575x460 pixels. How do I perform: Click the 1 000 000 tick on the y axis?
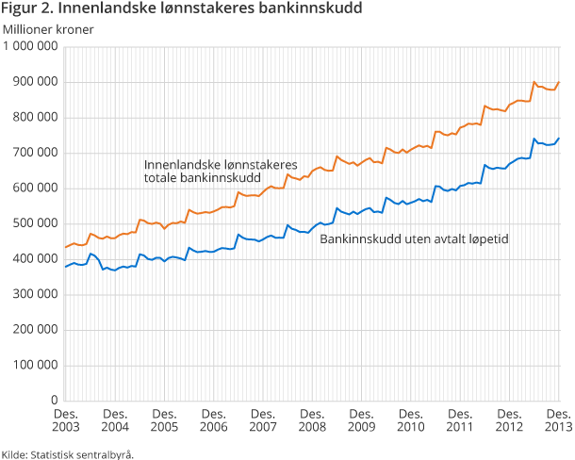click(33, 47)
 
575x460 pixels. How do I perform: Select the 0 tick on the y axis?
click(56, 401)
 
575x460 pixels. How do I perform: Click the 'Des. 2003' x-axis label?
click(66, 421)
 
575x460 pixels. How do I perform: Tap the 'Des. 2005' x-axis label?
click(164, 421)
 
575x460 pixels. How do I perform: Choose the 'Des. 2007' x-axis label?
click(263, 421)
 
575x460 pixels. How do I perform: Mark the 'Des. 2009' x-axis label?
click(361, 421)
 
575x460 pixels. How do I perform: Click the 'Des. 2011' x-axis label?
click(460, 421)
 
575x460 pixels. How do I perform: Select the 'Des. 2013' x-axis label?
click(558, 421)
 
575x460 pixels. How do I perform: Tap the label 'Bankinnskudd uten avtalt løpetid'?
click(415, 239)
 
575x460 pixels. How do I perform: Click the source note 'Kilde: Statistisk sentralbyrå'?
click(68, 453)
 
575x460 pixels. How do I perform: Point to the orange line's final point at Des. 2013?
click(559, 82)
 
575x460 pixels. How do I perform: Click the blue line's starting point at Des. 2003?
click(65, 268)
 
